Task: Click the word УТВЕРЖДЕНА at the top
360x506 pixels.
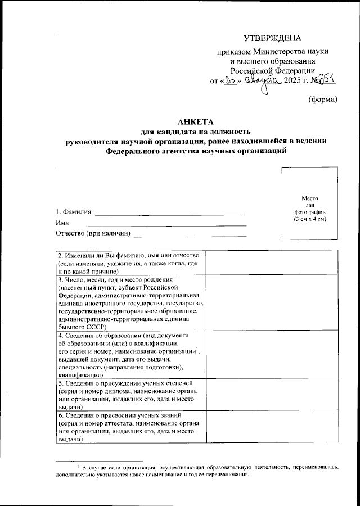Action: (272, 38)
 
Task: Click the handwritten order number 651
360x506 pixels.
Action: (327, 79)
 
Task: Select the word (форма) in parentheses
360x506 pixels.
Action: (323, 100)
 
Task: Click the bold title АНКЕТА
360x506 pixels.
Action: (193, 123)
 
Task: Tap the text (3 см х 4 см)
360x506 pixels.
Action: (310, 219)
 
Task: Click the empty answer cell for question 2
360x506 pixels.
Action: (272, 263)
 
